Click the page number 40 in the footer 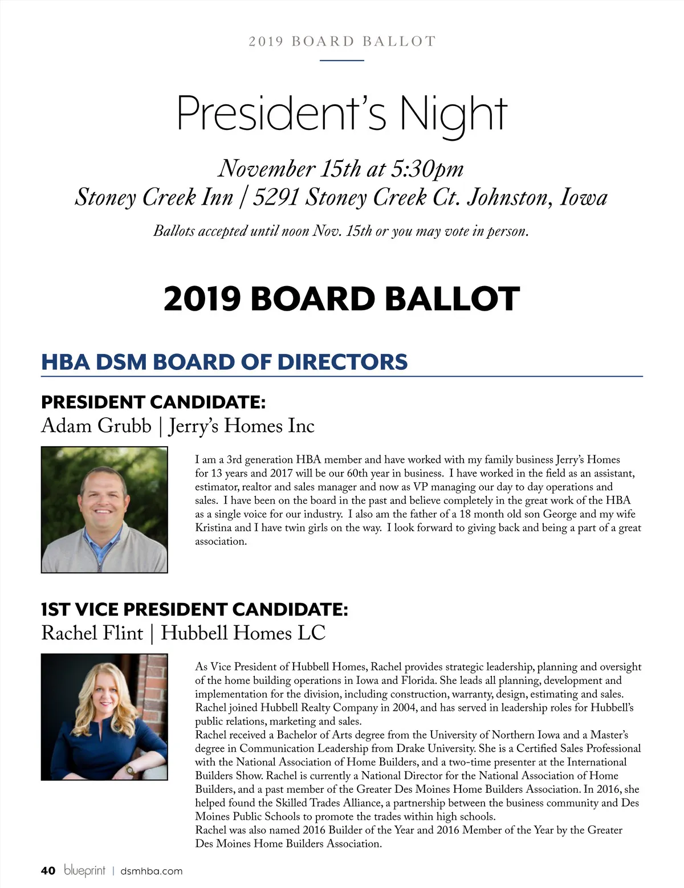click(48, 870)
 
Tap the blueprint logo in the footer click(85, 870)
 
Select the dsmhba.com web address click(152, 871)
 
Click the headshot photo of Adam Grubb click(104, 510)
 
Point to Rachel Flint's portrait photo click(104, 716)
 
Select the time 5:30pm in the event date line click(427, 168)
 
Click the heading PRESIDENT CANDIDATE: click(153, 402)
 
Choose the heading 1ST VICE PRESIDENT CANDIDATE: click(194, 609)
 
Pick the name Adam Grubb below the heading click(96, 426)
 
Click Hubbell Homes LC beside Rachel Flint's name click(243, 633)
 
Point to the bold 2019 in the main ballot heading click(202, 299)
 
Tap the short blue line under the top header click(342, 60)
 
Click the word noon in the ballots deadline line click(295, 231)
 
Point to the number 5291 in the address click(276, 197)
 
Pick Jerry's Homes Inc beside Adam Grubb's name click(242, 426)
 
